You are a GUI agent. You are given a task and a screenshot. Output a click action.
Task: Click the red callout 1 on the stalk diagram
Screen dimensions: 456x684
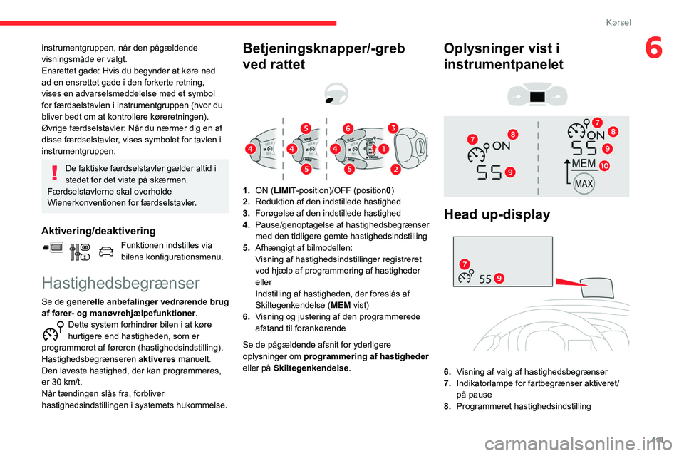click(x=383, y=149)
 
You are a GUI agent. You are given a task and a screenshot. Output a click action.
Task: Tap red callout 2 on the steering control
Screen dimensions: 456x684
click(x=395, y=170)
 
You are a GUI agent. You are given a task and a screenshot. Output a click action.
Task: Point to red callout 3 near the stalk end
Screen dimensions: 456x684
click(x=393, y=128)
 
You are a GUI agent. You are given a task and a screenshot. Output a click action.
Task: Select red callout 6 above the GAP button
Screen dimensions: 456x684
click(x=348, y=128)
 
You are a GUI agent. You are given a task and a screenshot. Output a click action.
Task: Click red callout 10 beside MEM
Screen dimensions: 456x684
click(x=604, y=165)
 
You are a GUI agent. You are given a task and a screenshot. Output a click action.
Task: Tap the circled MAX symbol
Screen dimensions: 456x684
click(x=584, y=183)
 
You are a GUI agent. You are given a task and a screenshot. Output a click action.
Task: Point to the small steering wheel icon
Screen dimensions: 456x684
click(x=333, y=92)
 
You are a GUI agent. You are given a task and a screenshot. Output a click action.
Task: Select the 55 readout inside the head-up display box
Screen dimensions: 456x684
click(x=485, y=279)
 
